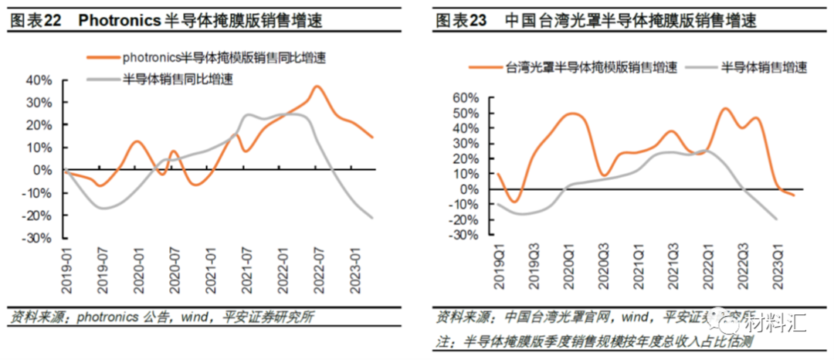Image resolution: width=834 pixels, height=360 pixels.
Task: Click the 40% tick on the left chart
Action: click(x=39, y=80)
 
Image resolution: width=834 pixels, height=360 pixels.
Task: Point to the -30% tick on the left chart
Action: click(x=38, y=238)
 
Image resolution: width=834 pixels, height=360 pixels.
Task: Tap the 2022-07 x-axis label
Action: click(x=317, y=270)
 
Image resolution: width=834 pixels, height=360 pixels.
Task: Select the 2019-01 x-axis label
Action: click(x=66, y=270)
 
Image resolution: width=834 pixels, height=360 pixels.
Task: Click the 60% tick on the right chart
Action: click(x=466, y=98)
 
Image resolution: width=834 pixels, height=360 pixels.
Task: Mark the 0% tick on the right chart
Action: click(x=470, y=189)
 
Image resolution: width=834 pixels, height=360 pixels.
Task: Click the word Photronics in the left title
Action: click(x=120, y=22)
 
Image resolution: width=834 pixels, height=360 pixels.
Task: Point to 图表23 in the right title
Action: click(x=461, y=22)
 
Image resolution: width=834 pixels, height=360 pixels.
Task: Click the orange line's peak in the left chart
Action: click(x=317, y=87)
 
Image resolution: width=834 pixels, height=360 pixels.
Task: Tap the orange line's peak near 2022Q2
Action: click(x=725, y=109)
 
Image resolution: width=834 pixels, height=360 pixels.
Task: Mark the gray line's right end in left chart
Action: click(x=373, y=218)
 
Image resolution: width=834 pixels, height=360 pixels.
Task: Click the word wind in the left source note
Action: click(x=194, y=318)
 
